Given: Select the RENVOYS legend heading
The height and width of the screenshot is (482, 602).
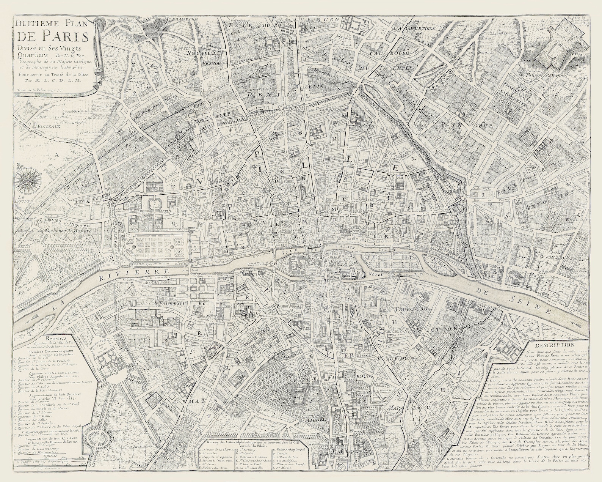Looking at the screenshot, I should click(x=55, y=337).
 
